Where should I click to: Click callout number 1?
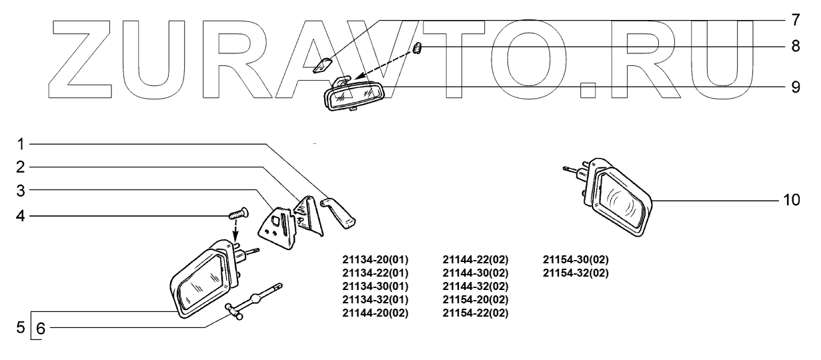click(x=21, y=143)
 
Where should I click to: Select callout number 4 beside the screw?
click(x=21, y=216)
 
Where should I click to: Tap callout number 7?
click(x=795, y=19)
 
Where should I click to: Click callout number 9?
click(x=795, y=87)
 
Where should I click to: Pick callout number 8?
click(x=795, y=48)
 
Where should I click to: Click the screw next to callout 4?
click(x=238, y=214)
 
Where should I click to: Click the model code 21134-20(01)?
click(x=375, y=259)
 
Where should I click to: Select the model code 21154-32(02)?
click(x=576, y=273)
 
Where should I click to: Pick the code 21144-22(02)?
click(x=476, y=259)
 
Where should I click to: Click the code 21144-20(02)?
click(x=375, y=313)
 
